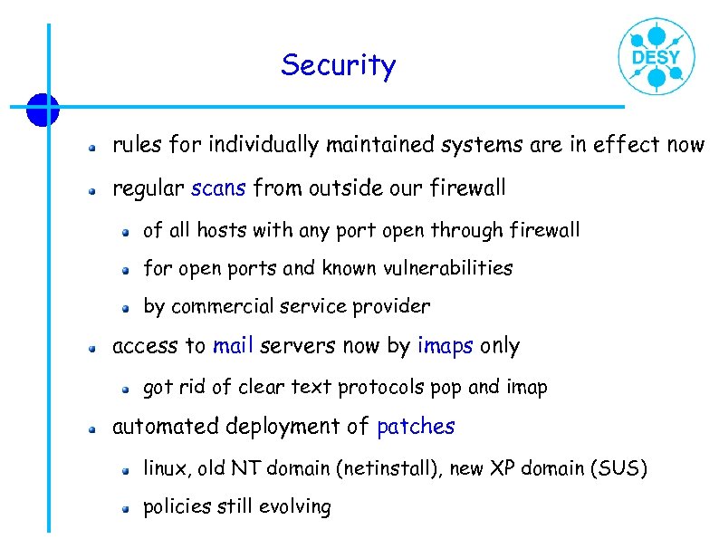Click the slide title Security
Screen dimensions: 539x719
point(338,65)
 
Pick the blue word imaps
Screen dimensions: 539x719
point(446,346)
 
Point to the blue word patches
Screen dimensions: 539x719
point(416,427)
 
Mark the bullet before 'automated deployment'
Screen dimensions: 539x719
point(91,428)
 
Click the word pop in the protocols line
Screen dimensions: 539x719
point(446,389)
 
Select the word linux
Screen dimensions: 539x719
point(166,468)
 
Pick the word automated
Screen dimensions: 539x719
point(165,427)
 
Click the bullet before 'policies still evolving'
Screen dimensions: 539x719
point(129,508)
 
